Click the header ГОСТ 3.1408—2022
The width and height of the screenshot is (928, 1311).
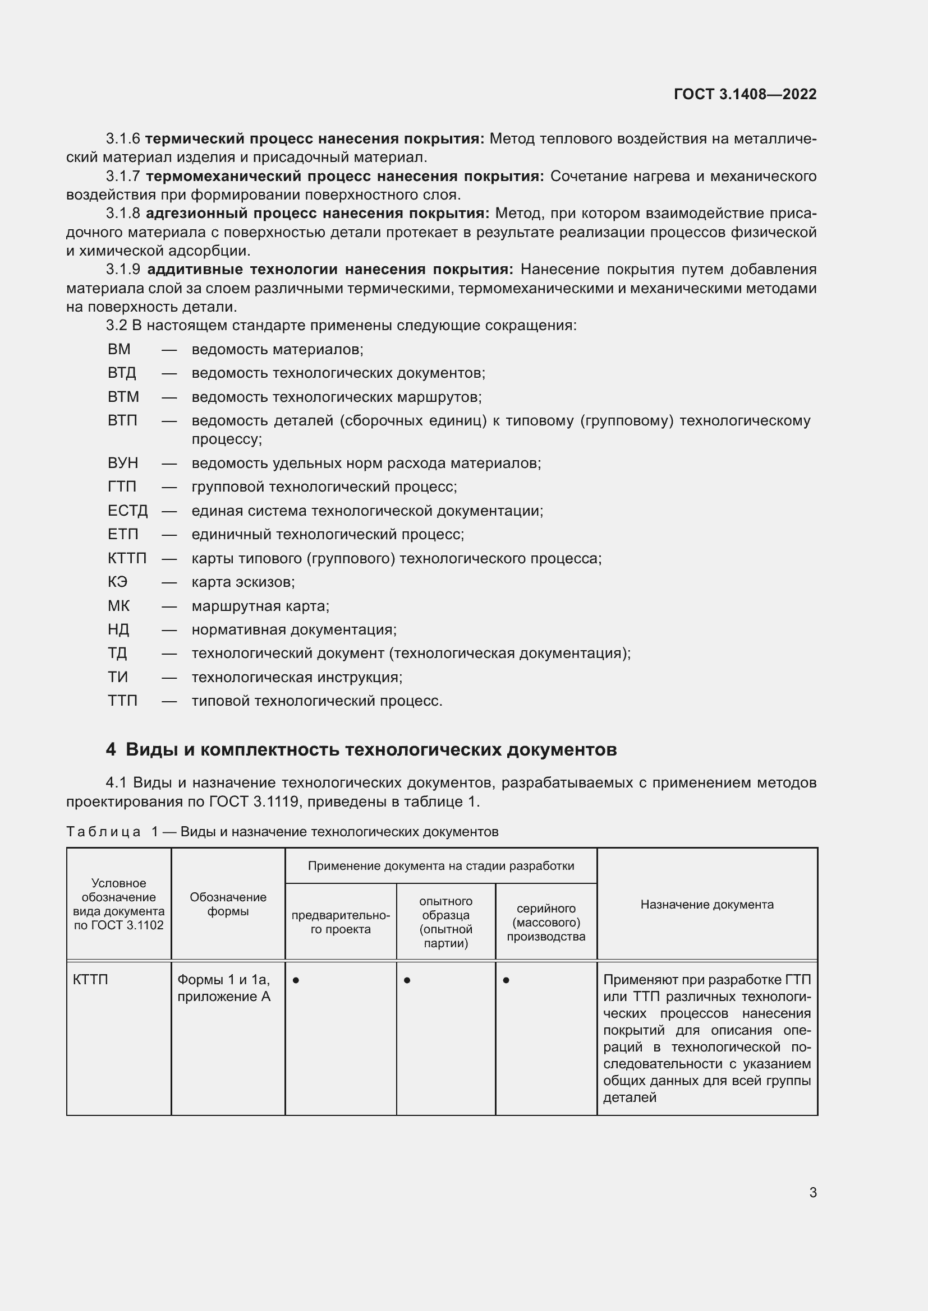point(745,94)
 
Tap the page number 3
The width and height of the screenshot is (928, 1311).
point(812,1192)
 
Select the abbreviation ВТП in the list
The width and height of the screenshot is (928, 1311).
point(122,421)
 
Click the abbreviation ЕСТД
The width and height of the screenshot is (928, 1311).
point(127,511)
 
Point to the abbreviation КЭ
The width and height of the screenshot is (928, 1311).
point(117,582)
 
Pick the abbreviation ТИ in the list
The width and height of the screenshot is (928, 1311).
point(118,677)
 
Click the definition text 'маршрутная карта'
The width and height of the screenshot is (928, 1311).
point(260,606)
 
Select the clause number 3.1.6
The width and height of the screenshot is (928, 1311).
point(123,139)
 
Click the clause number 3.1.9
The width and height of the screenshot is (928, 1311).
point(123,270)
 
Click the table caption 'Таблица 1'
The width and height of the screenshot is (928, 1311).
point(109,832)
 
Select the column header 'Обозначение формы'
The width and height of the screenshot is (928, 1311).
point(227,904)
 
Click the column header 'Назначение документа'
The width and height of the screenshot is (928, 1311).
point(706,904)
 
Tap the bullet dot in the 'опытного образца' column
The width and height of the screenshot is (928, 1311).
point(407,980)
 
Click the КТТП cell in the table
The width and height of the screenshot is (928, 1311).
point(90,980)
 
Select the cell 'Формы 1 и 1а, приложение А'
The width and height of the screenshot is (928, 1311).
point(223,988)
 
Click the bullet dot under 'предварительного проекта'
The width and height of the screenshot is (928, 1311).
point(296,980)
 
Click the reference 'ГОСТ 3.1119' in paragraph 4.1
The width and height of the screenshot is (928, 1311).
point(253,802)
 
